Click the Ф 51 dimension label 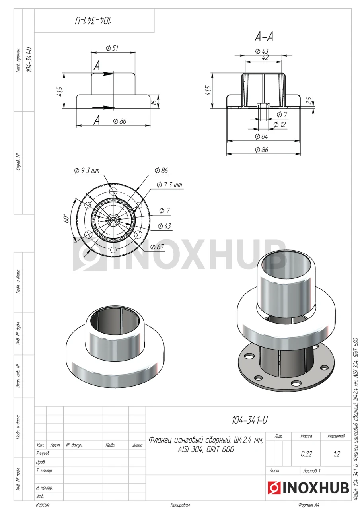click(x=112, y=48)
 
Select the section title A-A click(x=263, y=37)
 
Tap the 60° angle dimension click(x=66, y=218)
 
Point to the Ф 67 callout click(x=157, y=247)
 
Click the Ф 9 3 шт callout click(x=87, y=171)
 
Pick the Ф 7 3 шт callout click(x=169, y=185)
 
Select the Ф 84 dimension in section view click(x=261, y=136)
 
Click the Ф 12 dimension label click(x=280, y=124)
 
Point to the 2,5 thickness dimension click(x=309, y=101)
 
